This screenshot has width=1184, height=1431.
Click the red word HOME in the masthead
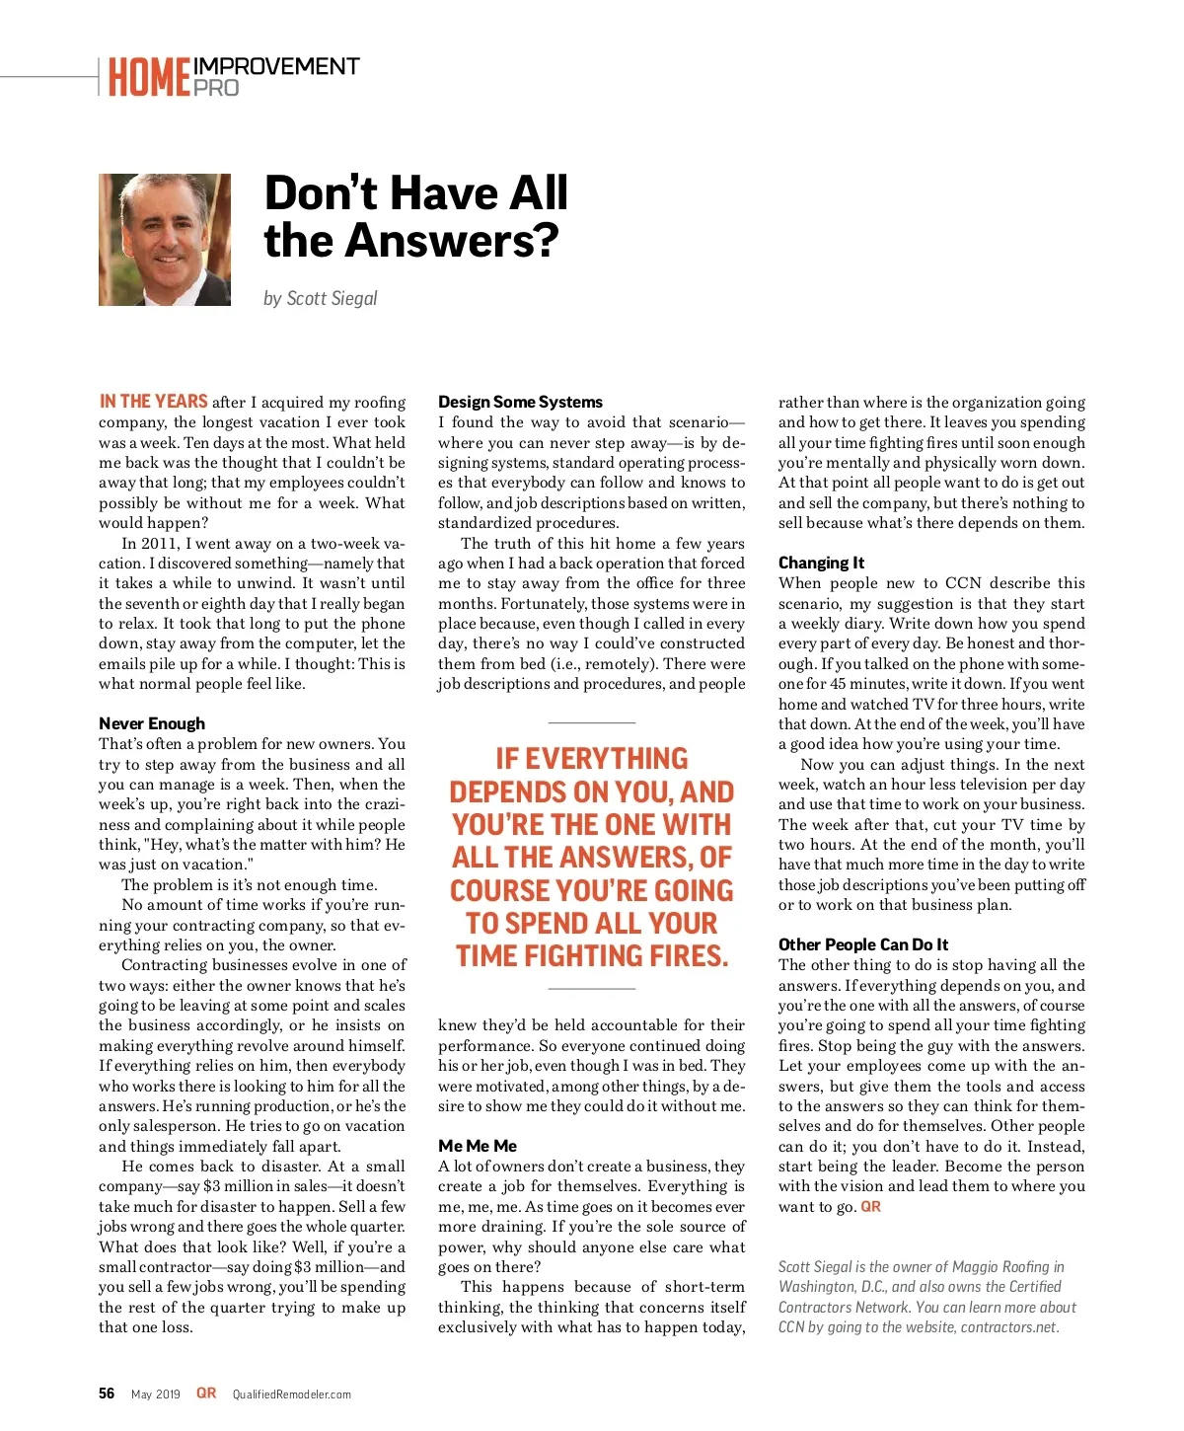[x=149, y=77]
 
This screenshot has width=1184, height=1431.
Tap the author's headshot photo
[x=165, y=240]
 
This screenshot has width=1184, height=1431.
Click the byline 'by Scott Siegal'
[x=320, y=298]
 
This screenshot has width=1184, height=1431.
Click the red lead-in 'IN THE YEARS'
[x=153, y=402]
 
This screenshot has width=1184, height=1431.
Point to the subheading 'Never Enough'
[x=152, y=723]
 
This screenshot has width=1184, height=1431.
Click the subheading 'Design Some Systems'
[x=520, y=402]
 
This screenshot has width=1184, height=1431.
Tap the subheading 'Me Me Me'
[x=478, y=1146]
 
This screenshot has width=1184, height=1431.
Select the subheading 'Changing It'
[x=821, y=563]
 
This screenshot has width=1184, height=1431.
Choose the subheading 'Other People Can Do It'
[x=863, y=944]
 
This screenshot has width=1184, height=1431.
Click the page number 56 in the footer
[x=107, y=1393]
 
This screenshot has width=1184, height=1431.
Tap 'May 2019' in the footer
[x=156, y=1394]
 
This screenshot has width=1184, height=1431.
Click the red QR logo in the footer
[x=206, y=1393]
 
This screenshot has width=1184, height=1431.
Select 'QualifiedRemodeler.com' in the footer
[x=292, y=1394]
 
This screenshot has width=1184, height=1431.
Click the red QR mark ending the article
[x=870, y=1207]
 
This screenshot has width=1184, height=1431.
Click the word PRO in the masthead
[x=216, y=88]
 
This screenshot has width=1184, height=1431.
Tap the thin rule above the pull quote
[x=591, y=723]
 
